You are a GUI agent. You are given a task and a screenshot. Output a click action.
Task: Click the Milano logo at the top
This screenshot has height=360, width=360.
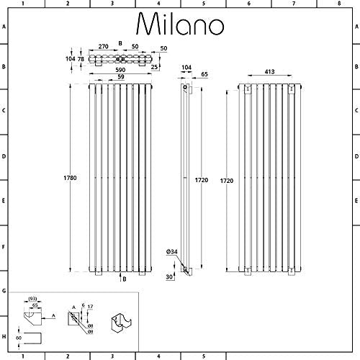pos(180,24)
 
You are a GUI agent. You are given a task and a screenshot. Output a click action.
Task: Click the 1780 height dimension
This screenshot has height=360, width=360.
pos(70,178)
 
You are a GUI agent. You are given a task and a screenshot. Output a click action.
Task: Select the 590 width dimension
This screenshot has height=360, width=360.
pos(120,70)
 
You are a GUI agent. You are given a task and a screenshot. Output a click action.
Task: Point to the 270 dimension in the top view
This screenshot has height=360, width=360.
pos(104,46)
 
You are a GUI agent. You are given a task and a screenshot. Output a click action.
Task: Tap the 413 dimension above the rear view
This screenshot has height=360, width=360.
pos(269,71)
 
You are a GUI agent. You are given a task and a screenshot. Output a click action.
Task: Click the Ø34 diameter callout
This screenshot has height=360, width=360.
pos(172,252)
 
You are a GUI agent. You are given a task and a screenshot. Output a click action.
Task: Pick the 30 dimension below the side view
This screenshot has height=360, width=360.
pos(169,276)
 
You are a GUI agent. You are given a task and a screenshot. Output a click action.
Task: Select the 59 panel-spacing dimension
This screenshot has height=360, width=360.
pos(121,76)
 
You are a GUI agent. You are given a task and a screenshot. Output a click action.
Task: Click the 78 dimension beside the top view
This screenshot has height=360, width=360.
pos(81,59)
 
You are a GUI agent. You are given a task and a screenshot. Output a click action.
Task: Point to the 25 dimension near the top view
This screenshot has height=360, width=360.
pos(154,67)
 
